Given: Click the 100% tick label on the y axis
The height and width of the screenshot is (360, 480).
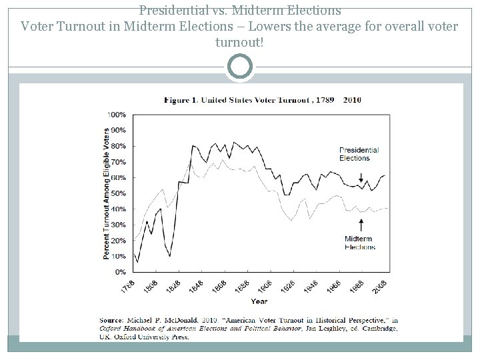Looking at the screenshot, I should point(117,114).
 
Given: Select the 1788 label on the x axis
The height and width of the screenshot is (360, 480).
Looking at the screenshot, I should point(127,287).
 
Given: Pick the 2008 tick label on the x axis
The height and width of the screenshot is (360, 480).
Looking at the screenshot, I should point(381,287).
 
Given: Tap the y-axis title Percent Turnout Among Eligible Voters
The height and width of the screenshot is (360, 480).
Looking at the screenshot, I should point(106,193).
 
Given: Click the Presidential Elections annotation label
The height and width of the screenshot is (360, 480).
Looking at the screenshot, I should point(359,154).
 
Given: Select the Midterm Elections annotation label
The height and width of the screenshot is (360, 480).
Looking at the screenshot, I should point(359,243).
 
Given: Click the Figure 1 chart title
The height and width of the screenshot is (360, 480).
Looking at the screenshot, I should point(263,100).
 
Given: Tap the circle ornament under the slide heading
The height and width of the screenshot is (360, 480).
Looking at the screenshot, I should point(240,67).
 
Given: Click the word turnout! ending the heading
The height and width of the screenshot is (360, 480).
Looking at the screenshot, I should point(240,42).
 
